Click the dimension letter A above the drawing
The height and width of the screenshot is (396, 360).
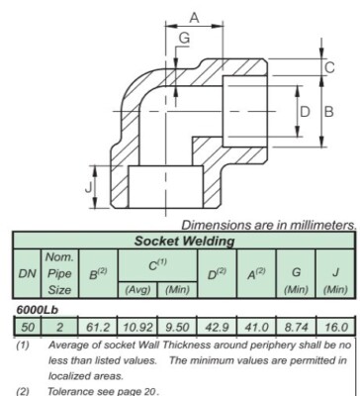coord(195,17)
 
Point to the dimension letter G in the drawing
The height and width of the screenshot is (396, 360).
coord(185,38)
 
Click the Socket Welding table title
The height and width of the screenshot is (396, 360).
coord(184,240)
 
